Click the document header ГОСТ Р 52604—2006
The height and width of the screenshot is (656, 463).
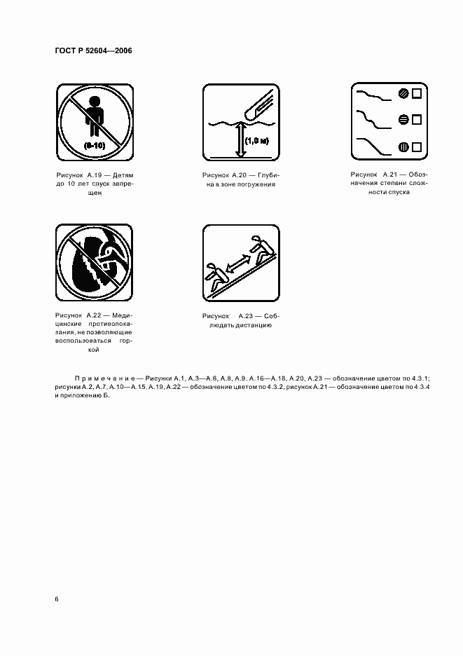[x=93, y=50]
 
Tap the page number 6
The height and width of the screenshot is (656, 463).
[x=57, y=599]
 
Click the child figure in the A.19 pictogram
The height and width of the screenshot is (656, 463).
[x=95, y=116]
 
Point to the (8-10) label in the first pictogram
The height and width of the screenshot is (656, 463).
[x=95, y=145]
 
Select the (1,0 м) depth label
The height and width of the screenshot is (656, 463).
[x=256, y=141]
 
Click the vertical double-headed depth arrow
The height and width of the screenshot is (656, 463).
[x=240, y=139]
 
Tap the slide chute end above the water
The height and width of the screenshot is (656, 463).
[x=258, y=106]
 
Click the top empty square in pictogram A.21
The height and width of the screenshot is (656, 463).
[x=416, y=93]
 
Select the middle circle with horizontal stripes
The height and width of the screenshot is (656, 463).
[x=403, y=120]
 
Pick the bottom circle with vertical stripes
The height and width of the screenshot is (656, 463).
[x=403, y=147]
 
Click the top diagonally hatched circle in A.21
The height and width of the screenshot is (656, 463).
[x=403, y=93]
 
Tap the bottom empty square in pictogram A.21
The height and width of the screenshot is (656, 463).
[x=416, y=147]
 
